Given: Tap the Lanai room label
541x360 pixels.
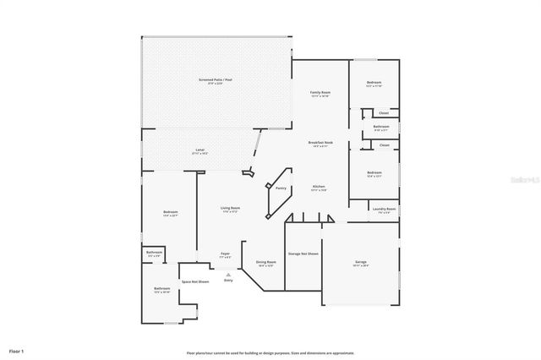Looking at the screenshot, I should [x=199, y=150].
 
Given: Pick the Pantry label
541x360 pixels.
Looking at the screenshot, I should [x=281, y=188].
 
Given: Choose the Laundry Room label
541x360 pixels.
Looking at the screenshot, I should [x=385, y=208].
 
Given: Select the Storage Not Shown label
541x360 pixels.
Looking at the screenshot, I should [x=303, y=254].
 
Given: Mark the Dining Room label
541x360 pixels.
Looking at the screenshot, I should [x=266, y=262].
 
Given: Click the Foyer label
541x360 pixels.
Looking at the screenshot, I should [x=226, y=254].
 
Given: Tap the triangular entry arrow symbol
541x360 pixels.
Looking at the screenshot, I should [x=228, y=274].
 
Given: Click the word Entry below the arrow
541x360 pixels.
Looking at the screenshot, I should [x=228, y=281].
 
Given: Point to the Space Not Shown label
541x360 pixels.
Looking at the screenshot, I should [x=194, y=281].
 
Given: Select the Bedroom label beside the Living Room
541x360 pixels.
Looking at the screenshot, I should [x=170, y=211].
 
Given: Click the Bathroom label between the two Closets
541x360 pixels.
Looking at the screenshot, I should [x=380, y=127].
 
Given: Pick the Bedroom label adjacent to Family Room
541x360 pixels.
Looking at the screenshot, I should [x=374, y=83].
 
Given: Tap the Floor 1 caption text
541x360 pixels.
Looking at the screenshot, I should [x=17, y=350].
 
